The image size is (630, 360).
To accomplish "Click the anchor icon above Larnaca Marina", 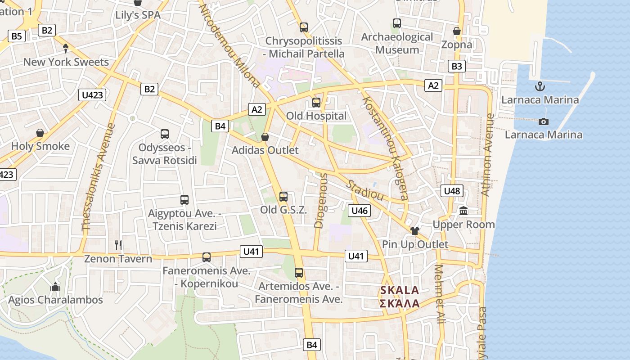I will [x=540, y=86].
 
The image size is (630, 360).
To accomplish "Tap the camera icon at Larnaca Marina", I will [x=544, y=121].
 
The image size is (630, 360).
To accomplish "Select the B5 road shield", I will [x=16, y=36].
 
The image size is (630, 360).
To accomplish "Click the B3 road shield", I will [x=456, y=66].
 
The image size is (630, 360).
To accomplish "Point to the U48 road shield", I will [x=452, y=191].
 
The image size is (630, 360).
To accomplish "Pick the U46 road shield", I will [x=359, y=210].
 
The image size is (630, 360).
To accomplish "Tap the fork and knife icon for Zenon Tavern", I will [x=118, y=245].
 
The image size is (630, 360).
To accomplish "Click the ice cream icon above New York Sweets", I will [x=66, y=48].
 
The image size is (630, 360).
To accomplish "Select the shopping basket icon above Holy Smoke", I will [x=40, y=133].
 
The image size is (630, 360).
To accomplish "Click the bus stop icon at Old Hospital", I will [x=316, y=102].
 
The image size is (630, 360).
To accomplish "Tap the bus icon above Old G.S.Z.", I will [x=283, y=196].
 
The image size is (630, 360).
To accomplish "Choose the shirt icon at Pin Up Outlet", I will [x=414, y=231].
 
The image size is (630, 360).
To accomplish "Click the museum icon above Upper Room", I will [x=463, y=211].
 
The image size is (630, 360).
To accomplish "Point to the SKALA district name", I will [x=400, y=290].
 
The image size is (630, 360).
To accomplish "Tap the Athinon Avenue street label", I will [x=487, y=155].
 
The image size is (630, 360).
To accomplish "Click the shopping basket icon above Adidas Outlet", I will [x=265, y=136].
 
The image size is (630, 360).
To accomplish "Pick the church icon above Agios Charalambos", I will [x=55, y=286].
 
